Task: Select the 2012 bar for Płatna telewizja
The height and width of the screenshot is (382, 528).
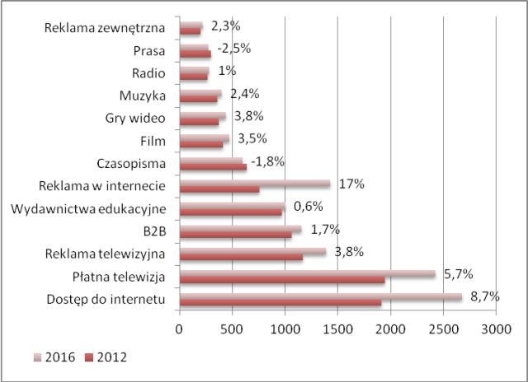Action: [x=282, y=281]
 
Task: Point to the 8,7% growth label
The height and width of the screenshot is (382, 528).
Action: [x=484, y=296]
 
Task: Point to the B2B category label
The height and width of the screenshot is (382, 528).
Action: [x=155, y=231]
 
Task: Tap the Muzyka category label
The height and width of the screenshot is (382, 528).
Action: [x=143, y=95]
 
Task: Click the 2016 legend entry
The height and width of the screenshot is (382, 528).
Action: [x=56, y=357]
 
